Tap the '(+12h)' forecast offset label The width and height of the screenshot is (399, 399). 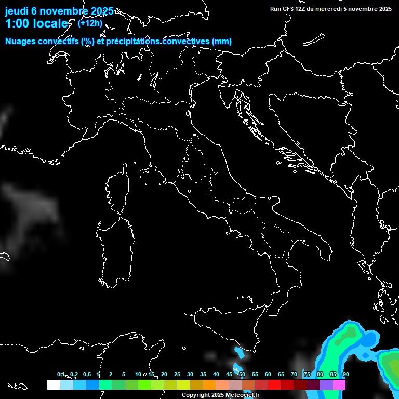[90, 23]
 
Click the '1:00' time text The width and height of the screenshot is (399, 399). [17, 23]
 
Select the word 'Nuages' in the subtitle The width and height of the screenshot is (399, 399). [20, 42]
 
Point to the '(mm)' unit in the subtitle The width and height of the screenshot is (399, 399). [222, 42]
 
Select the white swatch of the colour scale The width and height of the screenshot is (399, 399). [53, 384]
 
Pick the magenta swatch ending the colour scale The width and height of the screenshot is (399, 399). [339, 384]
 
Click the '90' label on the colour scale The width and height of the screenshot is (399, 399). [345, 375]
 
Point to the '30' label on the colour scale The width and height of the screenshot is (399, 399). [190, 375]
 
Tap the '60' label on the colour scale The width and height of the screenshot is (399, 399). [268, 375]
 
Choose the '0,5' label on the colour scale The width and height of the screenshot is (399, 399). [86, 375]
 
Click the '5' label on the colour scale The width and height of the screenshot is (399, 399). [124, 375]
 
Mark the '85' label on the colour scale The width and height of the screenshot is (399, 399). [332, 375]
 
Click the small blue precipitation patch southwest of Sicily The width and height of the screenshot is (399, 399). [240, 353]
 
